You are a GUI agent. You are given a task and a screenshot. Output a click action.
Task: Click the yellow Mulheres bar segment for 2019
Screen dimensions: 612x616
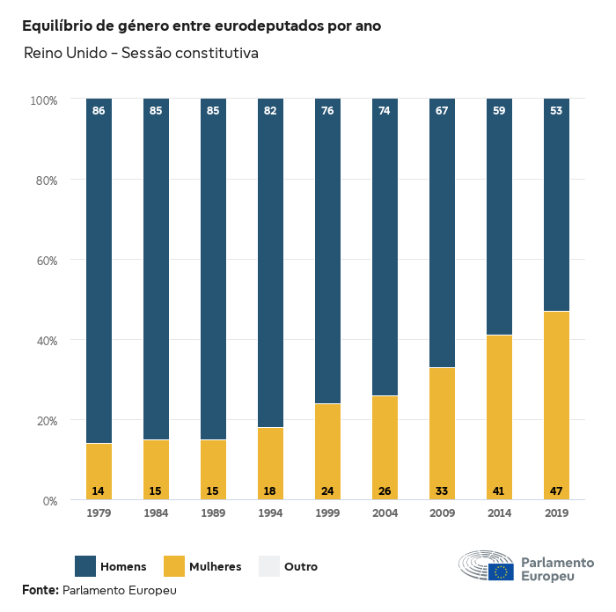click(556, 405)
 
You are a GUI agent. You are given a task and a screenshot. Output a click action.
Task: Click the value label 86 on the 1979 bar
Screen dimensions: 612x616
click(99, 111)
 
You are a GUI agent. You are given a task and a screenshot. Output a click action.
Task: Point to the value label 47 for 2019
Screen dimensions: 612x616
click(556, 490)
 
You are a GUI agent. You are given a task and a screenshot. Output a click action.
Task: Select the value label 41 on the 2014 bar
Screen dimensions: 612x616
click(499, 490)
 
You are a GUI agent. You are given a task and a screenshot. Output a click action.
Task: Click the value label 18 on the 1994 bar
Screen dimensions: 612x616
click(270, 490)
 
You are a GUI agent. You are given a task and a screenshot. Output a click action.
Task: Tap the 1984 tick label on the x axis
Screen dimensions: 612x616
click(156, 512)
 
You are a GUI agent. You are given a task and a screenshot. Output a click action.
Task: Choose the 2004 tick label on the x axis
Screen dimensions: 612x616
click(385, 512)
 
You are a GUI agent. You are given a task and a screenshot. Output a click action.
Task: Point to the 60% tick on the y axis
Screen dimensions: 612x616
click(44, 261)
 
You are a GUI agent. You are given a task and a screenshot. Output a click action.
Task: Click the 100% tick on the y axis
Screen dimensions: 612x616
click(42, 100)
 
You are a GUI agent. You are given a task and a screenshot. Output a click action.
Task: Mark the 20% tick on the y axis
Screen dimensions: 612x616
click(44, 421)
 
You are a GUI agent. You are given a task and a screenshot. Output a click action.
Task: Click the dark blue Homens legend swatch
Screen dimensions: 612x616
click(85, 566)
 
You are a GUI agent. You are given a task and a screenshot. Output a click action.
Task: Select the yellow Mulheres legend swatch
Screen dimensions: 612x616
click(174, 566)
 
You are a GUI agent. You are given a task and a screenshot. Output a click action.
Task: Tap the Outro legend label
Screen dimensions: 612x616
click(301, 567)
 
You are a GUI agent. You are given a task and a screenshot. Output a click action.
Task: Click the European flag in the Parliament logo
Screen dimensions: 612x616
click(502, 572)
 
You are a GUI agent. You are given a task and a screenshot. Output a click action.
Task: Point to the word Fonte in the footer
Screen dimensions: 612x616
click(40, 590)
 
